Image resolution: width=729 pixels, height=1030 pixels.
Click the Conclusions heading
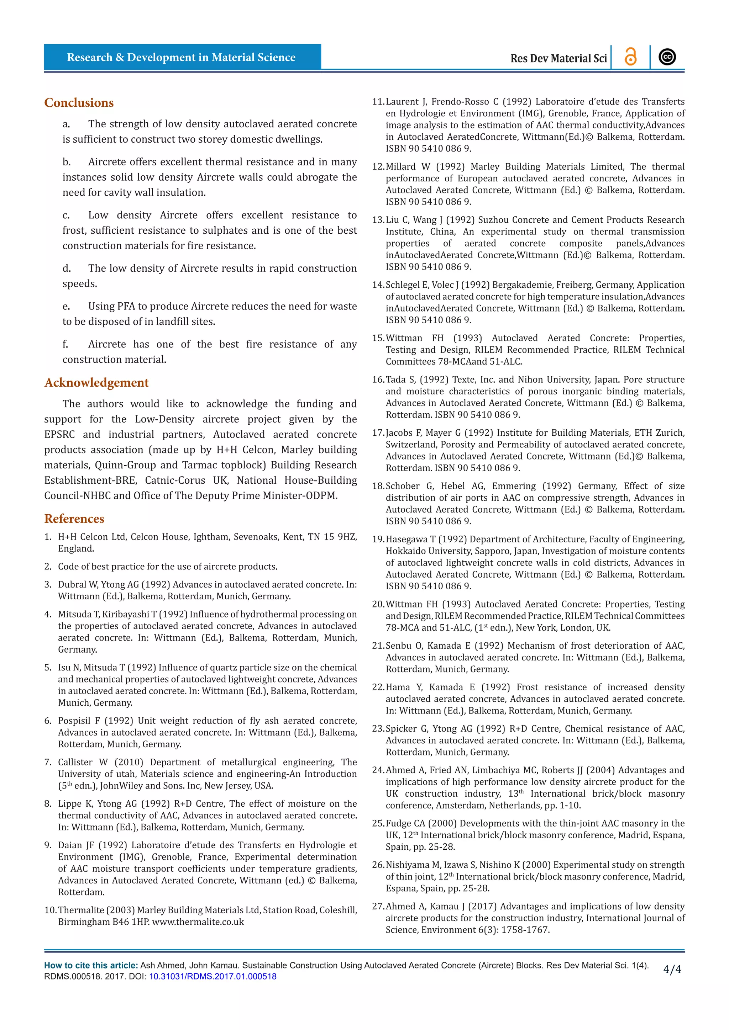79,103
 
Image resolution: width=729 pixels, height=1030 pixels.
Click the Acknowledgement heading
96,383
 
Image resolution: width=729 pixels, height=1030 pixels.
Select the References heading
74,519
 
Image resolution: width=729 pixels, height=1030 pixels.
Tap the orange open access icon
630,57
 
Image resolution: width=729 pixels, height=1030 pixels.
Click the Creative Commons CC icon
667,57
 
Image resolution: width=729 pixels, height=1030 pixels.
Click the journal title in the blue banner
181,57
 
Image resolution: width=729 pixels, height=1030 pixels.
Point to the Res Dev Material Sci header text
558,58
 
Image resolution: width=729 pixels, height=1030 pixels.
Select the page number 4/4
672,970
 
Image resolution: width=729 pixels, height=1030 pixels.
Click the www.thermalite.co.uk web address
198,922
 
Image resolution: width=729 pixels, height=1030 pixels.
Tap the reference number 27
378,906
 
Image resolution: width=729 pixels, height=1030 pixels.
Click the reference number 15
378,338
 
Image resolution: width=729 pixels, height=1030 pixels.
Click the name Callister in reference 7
78,762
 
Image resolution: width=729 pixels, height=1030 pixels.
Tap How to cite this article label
91,965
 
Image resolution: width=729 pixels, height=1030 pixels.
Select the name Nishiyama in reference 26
408,865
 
